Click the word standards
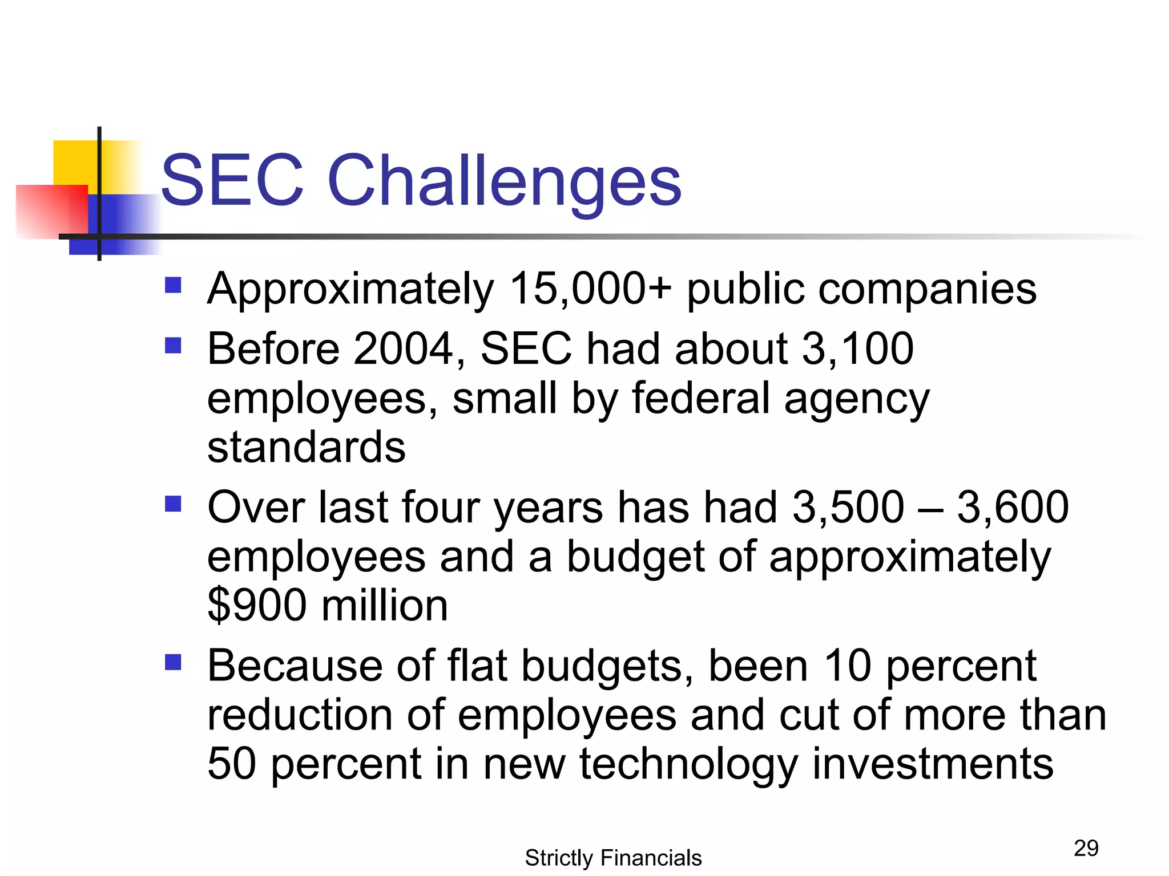pos(306,447)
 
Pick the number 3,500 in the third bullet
pos(848,507)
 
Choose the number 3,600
pos(1013,507)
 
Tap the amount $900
pos(257,605)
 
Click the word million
pos(385,605)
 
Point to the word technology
pos(688,764)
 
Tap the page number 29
pos(1086,848)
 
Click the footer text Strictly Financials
pos(613,858)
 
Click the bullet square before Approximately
pos(173,285)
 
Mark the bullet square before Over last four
pos(173,504)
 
